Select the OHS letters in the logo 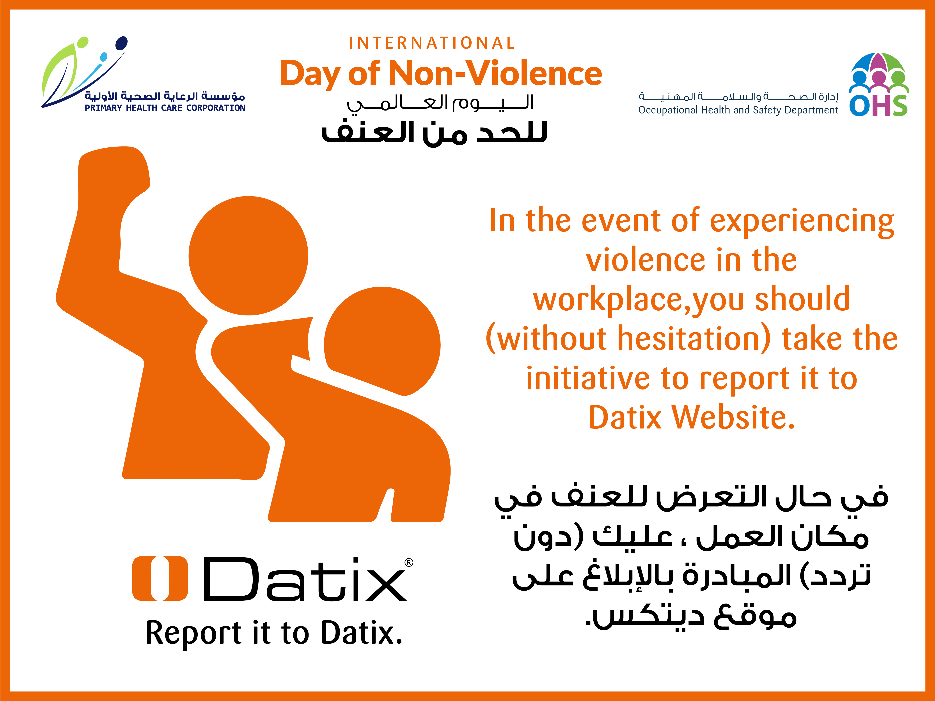pos(878,106)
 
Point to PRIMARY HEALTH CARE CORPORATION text pos(165,108)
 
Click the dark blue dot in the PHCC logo pos(121,43)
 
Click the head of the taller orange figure pos(248,256)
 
